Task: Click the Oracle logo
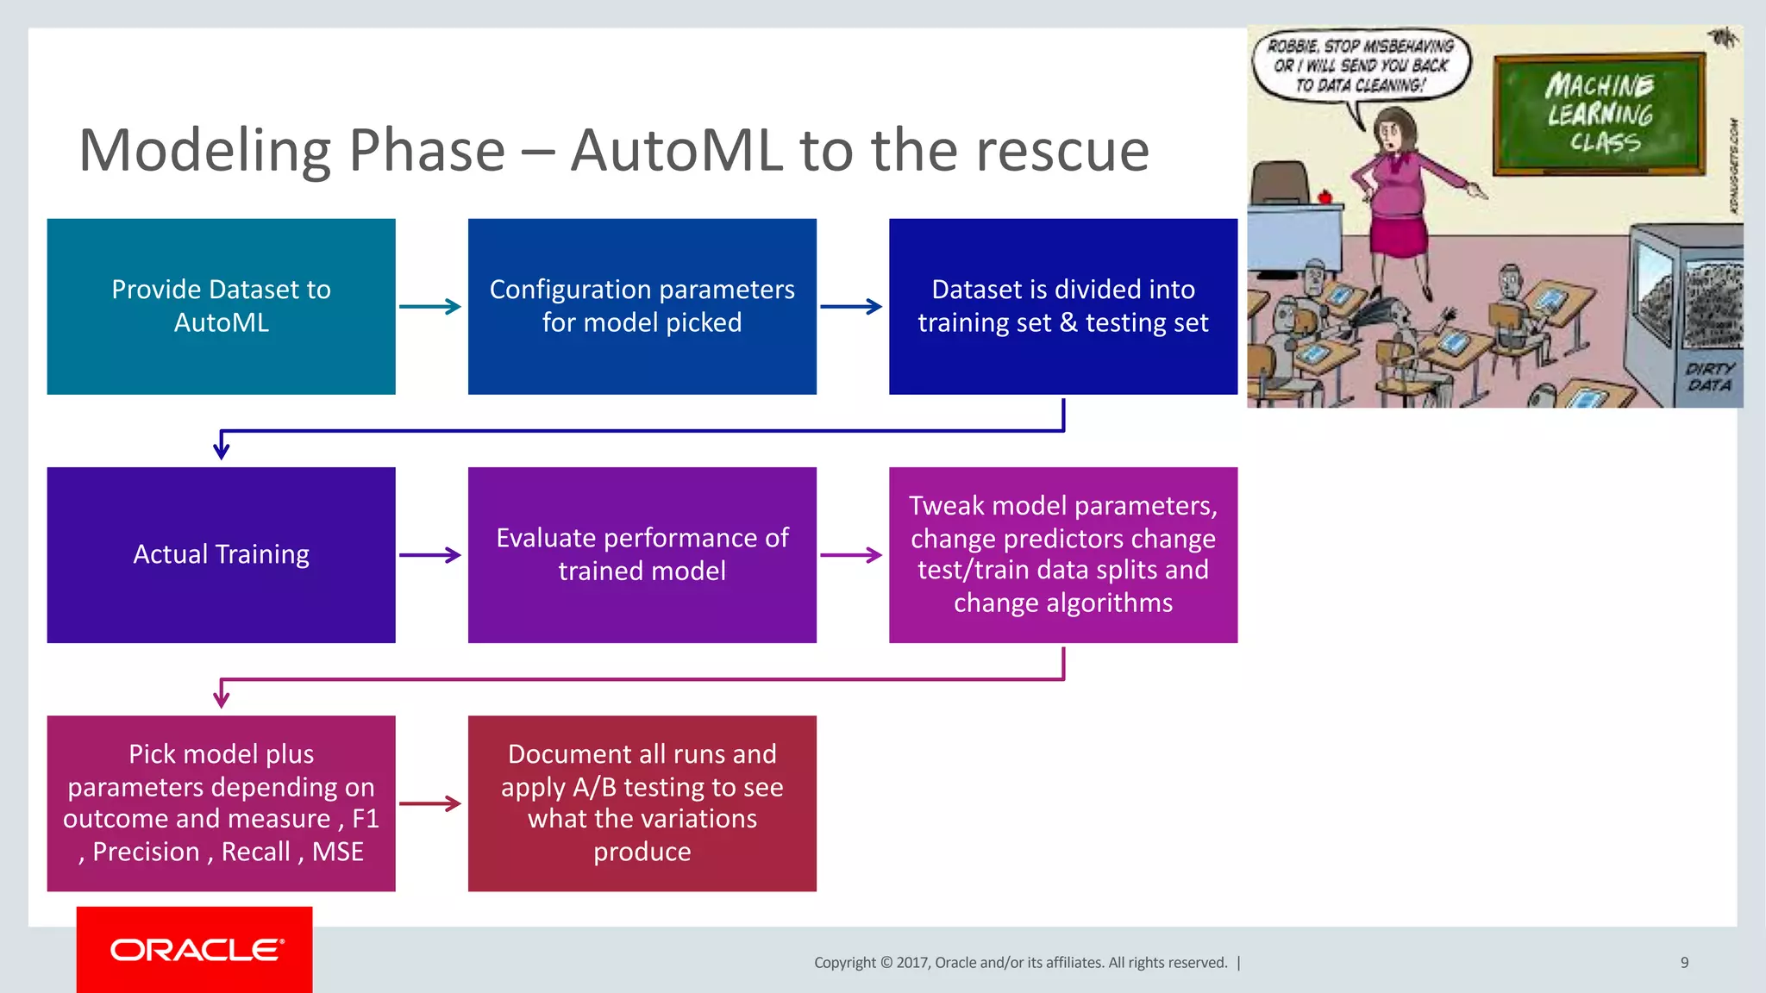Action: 195,950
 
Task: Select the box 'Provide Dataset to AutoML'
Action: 221,307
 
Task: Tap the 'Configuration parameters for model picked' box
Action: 642,307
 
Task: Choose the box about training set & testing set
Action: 1062,307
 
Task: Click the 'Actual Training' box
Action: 221,555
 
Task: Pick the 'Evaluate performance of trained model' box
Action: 642,555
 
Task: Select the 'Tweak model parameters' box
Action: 1062,555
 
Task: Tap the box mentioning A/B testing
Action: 642,803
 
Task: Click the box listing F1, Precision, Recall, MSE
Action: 221,803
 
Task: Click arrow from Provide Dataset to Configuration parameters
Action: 430,307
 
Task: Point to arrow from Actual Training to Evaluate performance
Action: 430,555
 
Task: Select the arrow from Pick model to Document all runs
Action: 430,803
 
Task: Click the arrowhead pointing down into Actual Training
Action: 222,449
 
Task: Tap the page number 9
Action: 1684,963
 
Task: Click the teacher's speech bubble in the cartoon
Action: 1361,66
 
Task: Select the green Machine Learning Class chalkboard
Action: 1599,114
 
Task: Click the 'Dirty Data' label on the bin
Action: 1709,377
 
